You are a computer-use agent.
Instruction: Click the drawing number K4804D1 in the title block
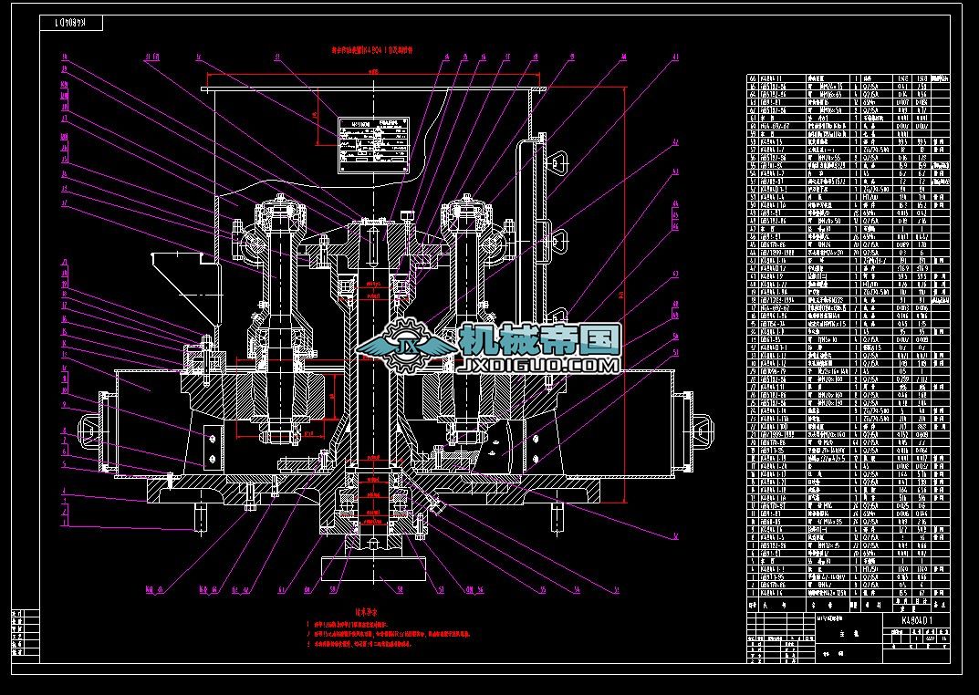(x=913, y=619)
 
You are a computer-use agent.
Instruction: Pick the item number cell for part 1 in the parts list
(x=753, y=592)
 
